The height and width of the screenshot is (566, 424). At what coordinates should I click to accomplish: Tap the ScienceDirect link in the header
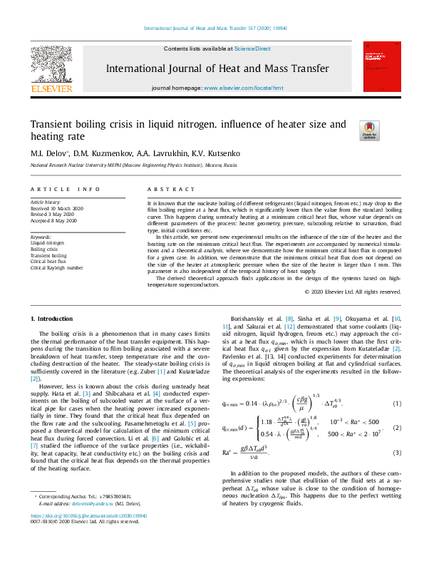pos(253,48)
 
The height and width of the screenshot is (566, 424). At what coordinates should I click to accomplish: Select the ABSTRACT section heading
pos(171,189)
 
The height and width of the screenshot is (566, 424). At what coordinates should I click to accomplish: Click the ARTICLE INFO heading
pos(65,189)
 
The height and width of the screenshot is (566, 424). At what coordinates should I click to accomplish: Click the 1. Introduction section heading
pos(51,318)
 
